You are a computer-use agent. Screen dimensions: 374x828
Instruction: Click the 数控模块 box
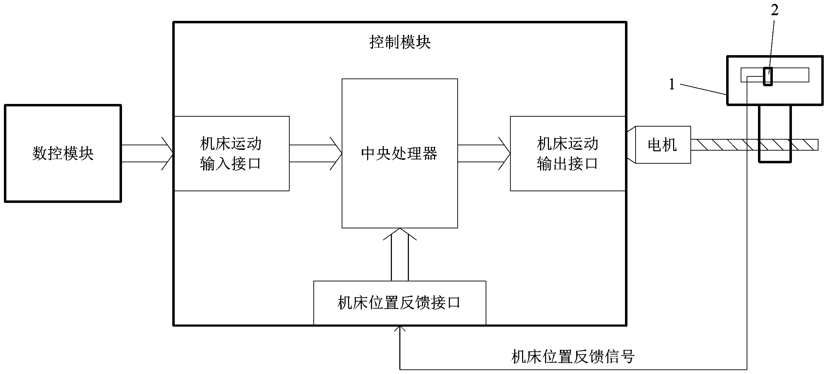click(x=63, y=153)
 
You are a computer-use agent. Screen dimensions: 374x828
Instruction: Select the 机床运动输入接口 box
click(x=231, y=153)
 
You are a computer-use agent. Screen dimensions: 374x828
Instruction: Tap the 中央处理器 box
click(x=400, y=153)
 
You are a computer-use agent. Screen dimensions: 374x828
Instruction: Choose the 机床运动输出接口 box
click(x=567, y=153)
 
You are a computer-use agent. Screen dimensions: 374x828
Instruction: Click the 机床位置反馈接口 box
click(x=400, y=303)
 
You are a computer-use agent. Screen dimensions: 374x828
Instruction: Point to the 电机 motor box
click(x=663, y=145)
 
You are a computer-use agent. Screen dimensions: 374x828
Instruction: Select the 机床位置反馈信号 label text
click(x=573, y=356)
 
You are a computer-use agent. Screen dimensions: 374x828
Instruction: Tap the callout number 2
click(x=775, y=11)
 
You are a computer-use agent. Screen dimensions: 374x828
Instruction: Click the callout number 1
click(x=672, y=84)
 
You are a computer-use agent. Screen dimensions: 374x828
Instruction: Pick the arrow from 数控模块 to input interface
click(x=147, y=153)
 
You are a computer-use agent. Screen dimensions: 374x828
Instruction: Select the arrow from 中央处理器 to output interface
click(x=484, y=153)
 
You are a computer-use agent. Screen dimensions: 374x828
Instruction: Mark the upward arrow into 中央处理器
click(x=400, y=255)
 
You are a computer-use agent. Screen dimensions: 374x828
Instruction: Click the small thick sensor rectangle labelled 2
click(x=768, y=76)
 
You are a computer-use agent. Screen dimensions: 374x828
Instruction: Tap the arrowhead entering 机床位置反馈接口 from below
click(x=400, y=329)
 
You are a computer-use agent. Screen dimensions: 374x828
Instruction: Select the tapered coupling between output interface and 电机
click(x=631, y=145)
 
